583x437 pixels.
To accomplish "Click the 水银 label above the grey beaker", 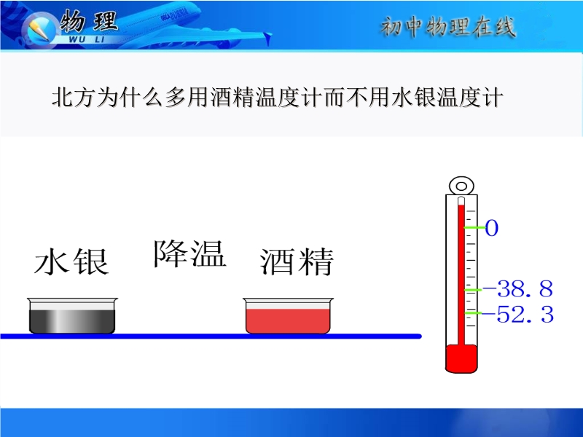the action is click(71, 261).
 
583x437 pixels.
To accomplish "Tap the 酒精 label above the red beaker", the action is click(297, 261).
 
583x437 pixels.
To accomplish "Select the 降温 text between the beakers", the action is click(190, 253).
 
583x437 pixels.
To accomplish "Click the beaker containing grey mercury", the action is click(72, 315).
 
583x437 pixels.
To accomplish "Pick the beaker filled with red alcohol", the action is click(288, 315).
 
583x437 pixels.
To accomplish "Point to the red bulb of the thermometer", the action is click(461, 358).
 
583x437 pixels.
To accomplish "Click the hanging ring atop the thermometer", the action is click(461, 186).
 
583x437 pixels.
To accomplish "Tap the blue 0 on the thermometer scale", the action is click(491, 228).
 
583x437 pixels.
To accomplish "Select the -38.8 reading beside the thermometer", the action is click(517, 288).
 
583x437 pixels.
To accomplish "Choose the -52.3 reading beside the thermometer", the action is click(520, 315).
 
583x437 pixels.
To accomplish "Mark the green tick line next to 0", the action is click(474, 227).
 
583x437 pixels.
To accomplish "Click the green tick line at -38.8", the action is click(473, 289).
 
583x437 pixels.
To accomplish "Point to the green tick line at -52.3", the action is click(473, 313).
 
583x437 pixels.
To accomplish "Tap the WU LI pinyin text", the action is click(87, 39).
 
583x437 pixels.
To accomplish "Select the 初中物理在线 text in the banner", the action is click(448, 27).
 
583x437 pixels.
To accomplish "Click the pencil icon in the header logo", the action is click(39, 30).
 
